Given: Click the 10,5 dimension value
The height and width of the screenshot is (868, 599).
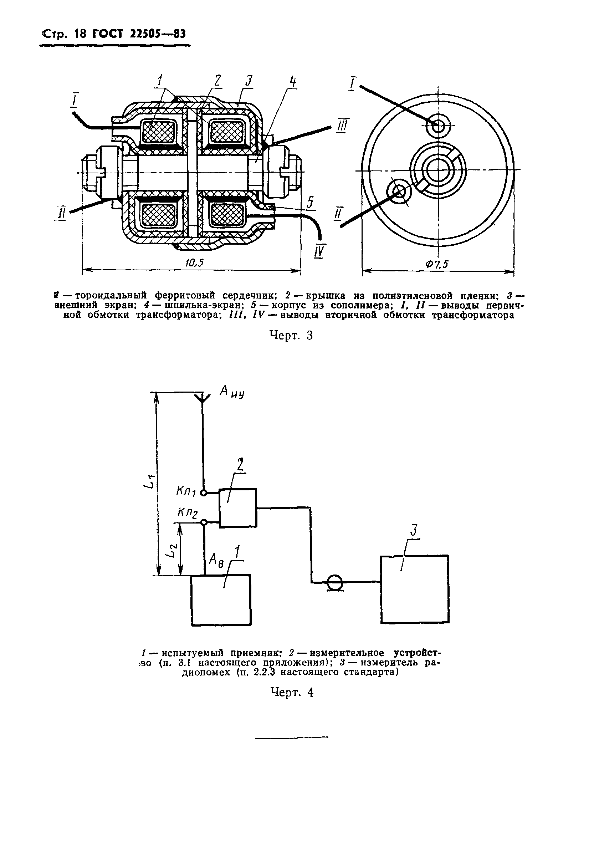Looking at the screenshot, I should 194,263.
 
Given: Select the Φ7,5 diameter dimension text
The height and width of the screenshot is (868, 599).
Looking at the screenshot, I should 436,264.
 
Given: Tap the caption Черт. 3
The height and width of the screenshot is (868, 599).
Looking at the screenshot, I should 292,335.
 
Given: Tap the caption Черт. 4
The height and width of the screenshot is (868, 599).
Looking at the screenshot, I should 292,692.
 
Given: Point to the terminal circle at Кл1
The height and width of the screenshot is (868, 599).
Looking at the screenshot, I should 204,493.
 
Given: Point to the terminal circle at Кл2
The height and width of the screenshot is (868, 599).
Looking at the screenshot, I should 204,522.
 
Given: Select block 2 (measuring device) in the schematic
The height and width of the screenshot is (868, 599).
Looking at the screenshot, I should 237,508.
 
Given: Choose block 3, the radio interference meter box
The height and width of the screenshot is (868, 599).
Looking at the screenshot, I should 414,589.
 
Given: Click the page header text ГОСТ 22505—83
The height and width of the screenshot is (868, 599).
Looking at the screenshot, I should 139,35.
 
